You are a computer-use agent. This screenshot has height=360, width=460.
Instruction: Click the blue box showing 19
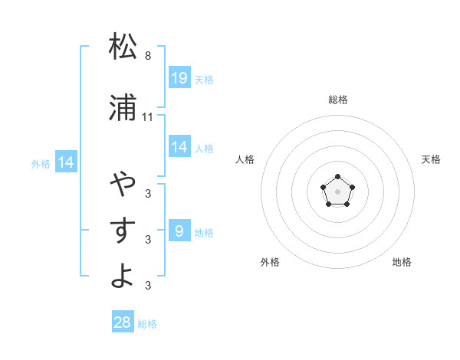pyautogui.click(x=179, y=77)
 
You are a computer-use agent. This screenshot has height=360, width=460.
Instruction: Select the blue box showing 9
pyautogui.click(x=179, y=231)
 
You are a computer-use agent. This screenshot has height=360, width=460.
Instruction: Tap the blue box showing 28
pyautogui.click(x=123, y=322)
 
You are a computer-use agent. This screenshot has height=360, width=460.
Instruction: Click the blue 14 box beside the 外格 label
pyautogui.click(x=65, y=162)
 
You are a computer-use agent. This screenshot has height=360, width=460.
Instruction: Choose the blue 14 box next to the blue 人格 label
pyautogui.click(x=179, y=147)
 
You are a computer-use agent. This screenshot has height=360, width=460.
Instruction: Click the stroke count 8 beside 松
pyautogui.click(x=148, y=56)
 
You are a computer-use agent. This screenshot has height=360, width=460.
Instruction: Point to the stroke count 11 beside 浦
pyautogui.click(x=148, y=117)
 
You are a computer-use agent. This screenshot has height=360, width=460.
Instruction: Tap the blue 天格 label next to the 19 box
pyautogui.click(x=204, y=79)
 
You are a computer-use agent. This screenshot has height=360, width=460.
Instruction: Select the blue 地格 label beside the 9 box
pyautogui.click(x=204, y=232)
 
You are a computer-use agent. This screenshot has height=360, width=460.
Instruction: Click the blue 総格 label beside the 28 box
pyautogui.click(x=147, y=324)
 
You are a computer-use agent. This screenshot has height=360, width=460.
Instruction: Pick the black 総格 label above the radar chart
pyautogui.click(x=338, y=100)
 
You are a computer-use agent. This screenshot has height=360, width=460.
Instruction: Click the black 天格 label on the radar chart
pyautogui.click(x=432, y=159)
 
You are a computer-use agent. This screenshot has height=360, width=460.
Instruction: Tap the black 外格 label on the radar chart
pyautogui.click(x=270, y=262)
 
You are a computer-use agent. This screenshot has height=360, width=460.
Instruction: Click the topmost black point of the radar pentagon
pyautogui.click(x=337, y=178)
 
